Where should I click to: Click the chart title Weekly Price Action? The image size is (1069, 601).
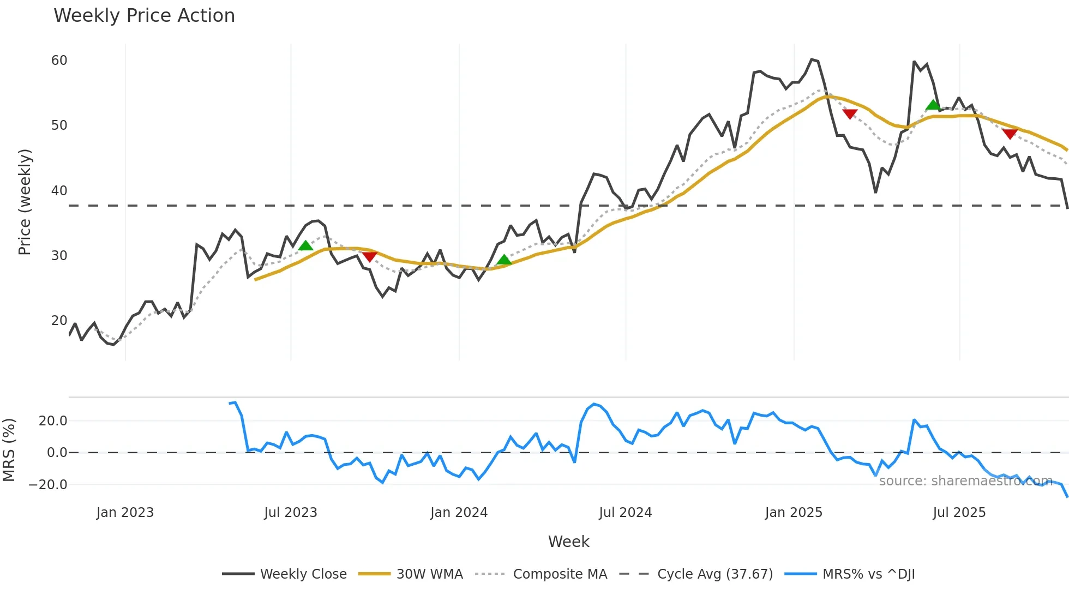pos(144,16)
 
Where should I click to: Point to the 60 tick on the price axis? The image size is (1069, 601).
pos(59,61)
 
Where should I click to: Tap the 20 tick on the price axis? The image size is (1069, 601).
pos(59,321)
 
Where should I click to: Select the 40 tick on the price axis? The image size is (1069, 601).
pos(59,191)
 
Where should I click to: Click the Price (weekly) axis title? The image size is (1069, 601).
pos(25,202)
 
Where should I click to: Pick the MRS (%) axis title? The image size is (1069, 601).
pos(9,450)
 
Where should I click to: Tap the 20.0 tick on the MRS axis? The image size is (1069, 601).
pos(53,421)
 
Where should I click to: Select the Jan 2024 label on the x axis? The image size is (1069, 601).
pos(459,513)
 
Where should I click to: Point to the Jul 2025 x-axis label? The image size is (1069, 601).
pos(959,513)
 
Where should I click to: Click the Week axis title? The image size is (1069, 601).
pos(568,542)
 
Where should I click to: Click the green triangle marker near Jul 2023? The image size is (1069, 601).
pos(306,246)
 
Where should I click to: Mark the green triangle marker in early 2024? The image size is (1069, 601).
pos(505,260)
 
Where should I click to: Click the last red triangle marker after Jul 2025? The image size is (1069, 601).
pos(1010,134)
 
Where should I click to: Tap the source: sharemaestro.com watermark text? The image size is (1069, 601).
pos(965,481)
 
